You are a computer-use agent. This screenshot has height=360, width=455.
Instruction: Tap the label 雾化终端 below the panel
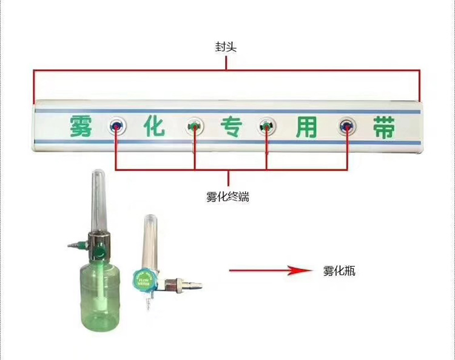(x=227, y=197)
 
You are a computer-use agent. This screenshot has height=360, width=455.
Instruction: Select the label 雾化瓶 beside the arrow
(x=339, y=271)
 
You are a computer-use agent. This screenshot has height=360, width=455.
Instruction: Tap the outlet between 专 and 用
(x=266, y=126)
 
